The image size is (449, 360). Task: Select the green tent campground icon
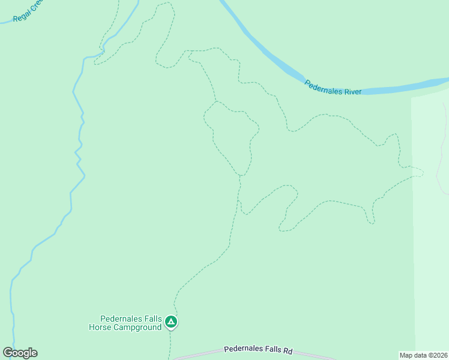[171, 323]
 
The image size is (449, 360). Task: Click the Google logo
[20, 353]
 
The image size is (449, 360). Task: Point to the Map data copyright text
[423, 355]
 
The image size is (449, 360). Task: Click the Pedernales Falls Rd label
[258, 350]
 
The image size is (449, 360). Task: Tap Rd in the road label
[288, 351]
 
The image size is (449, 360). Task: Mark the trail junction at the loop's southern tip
[240, 175]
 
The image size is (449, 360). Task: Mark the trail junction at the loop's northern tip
[216, 101]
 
